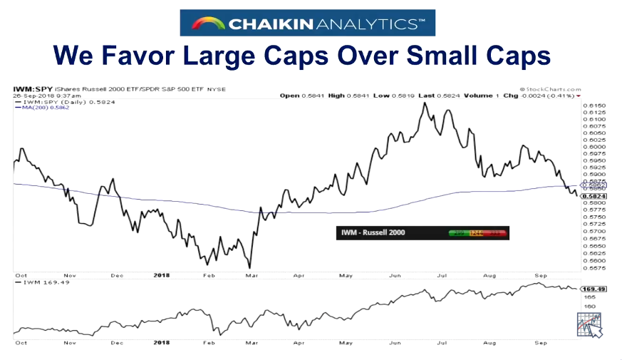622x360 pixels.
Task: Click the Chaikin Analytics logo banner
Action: pos(307,23)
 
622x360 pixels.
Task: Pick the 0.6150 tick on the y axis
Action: pos(594,106)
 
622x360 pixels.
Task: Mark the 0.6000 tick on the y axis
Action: pos(594,147)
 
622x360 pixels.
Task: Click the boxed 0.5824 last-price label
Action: pos(594,196)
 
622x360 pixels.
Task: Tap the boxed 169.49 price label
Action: pos(594,289)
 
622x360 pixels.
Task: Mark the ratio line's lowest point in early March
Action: pos(250,268)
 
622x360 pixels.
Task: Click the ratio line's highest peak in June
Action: pos(425,103)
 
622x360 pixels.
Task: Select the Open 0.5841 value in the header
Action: pos(302,96)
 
